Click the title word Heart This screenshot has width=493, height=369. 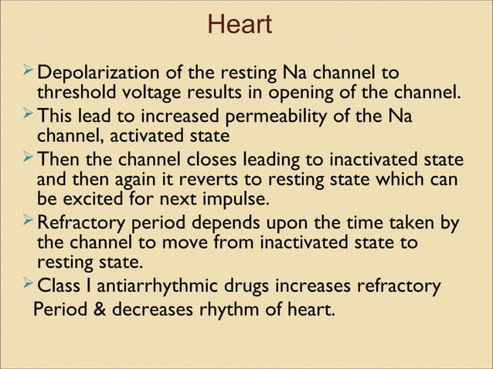[x=240, y=25]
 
